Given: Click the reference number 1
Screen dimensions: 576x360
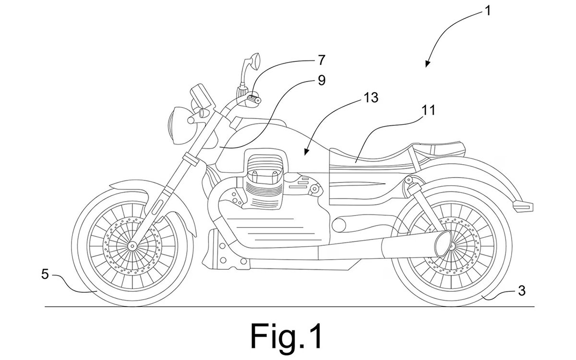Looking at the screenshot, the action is click(x=487, y=11).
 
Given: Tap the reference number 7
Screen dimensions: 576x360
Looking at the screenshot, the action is click(x=322, y=60).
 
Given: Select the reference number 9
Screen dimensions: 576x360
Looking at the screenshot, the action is click(x=322, y=80).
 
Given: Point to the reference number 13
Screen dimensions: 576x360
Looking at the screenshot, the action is click(x=371, y=98).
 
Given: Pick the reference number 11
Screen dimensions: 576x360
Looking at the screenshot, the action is click(x=428, y=110).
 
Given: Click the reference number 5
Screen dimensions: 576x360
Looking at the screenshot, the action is click(x=45, y=275).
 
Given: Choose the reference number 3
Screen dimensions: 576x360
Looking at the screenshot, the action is click(x=521, y=291).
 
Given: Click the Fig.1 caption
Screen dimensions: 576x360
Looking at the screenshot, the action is click(x=286, y=336).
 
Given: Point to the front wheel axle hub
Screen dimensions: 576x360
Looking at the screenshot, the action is click(x=132, y=246).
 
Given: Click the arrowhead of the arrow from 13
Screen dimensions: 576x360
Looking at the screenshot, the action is click(x=306, y=152).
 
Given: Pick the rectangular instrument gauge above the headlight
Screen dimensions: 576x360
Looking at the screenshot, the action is click(x=203, y=96).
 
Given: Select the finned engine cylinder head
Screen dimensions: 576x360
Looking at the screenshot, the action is click(x=263, y=178).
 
